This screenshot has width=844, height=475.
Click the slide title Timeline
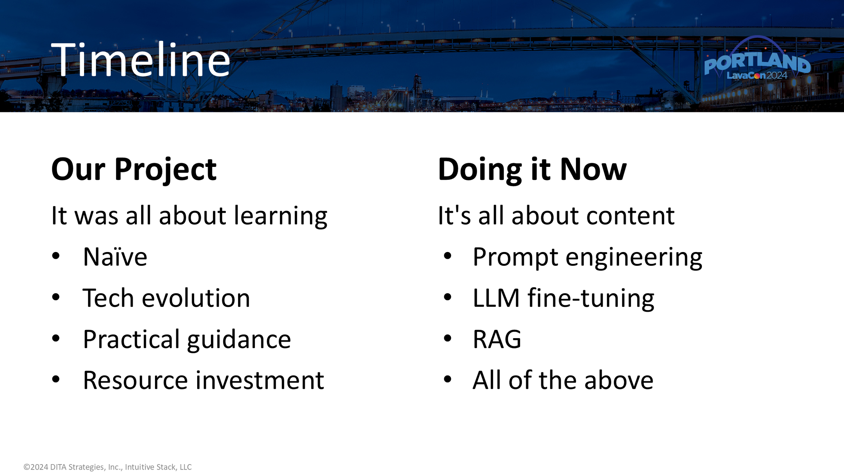tap(140, 60)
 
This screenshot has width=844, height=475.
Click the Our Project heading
tap(134, 170)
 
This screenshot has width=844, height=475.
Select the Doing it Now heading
tap(532, 170)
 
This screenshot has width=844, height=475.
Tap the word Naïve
tap(115, 257)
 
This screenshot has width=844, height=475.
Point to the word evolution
tap(196, 298)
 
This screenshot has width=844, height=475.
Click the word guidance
tap(239, 340)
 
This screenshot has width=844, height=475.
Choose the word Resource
tap(135, 381)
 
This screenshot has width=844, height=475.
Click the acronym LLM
tap(496, 298)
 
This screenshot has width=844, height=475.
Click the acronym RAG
tap(497, 340)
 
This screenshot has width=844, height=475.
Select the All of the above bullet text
tap(563, 381)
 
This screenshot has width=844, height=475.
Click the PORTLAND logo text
tap(757, 63)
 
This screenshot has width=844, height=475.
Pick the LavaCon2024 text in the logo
tap(757, 76)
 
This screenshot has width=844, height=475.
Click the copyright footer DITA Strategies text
tap(107, 467)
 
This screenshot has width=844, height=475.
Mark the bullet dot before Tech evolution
tap(56, 297)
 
